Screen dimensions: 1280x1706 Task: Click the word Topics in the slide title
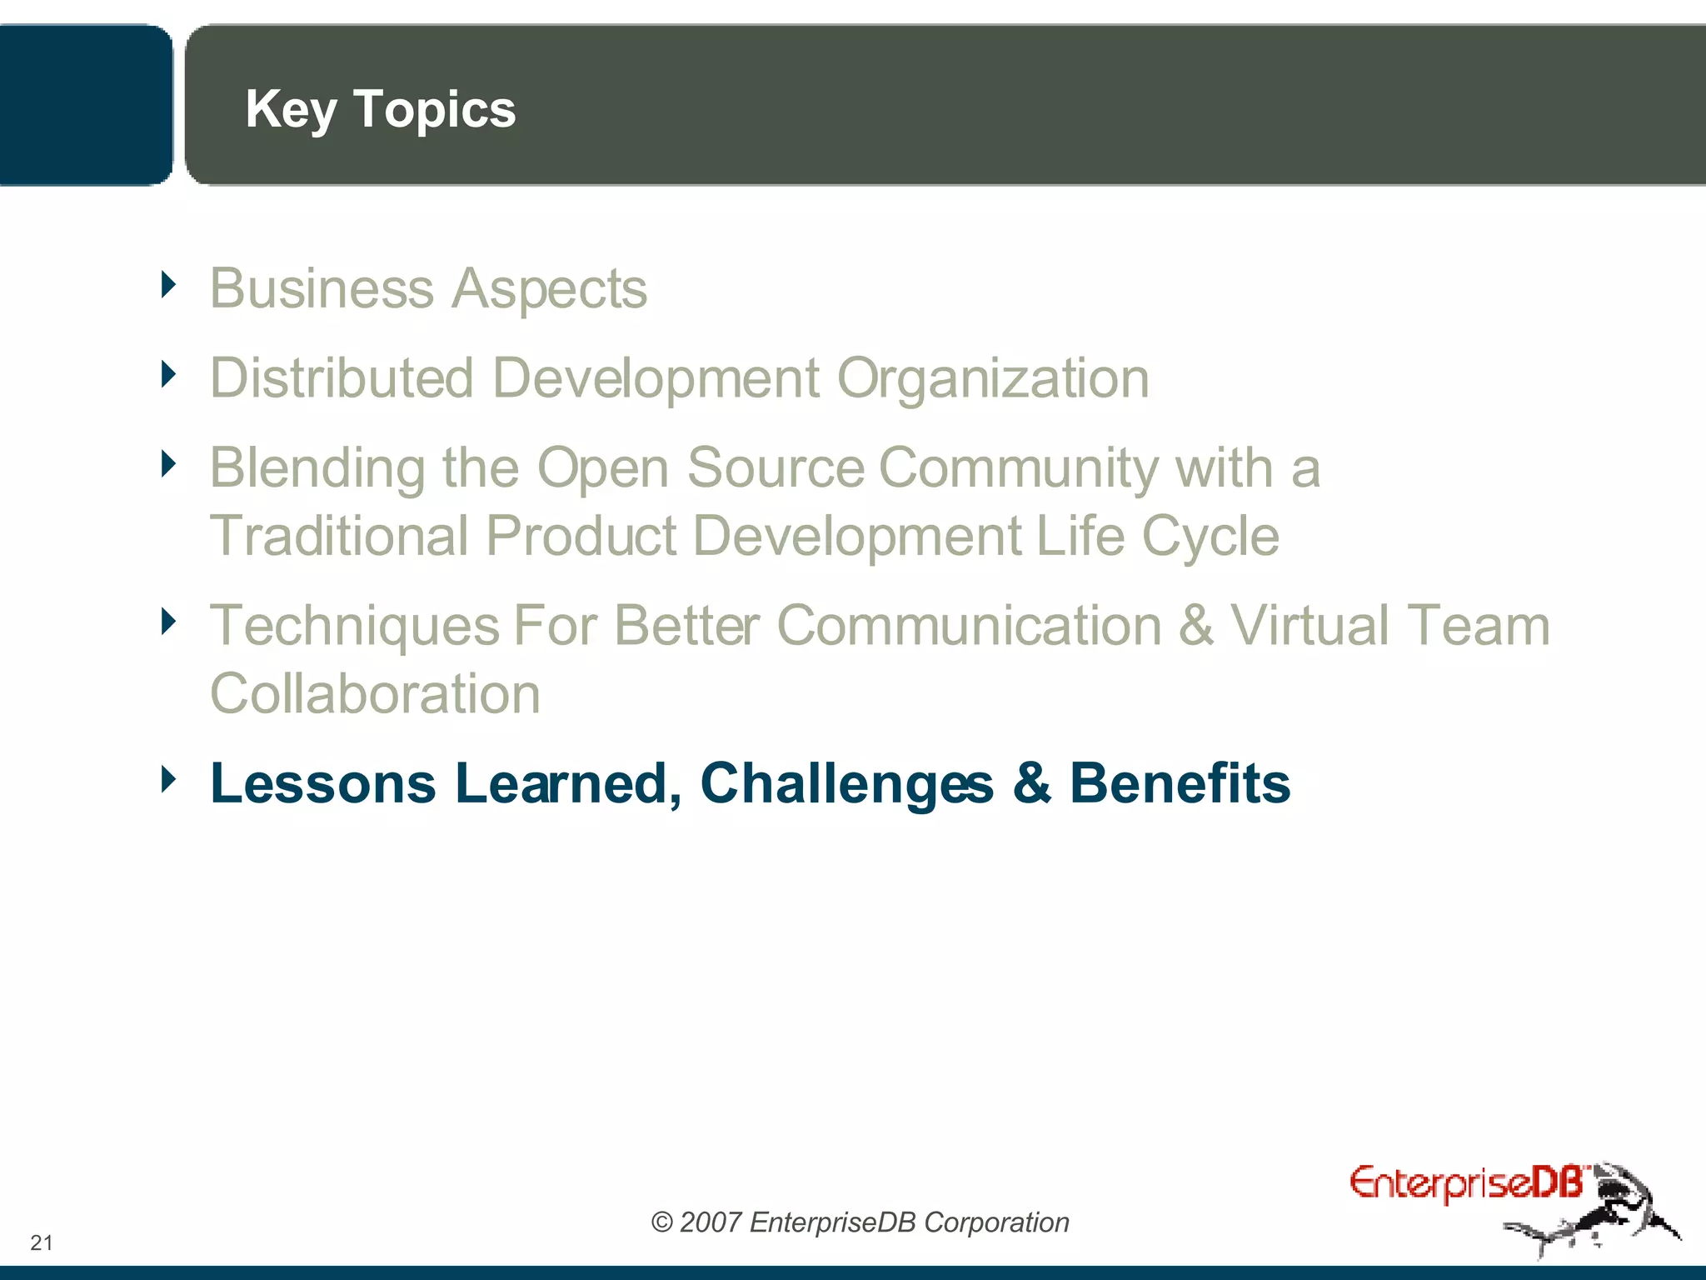434,109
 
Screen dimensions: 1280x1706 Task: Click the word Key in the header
291,109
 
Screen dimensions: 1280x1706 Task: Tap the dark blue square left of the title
83,104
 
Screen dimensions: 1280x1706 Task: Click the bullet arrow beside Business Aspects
169,285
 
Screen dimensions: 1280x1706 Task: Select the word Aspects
549,289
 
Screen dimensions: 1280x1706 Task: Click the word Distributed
342,378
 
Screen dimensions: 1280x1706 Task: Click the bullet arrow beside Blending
169,463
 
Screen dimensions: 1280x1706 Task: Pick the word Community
1018,468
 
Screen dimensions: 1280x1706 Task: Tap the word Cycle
1210,537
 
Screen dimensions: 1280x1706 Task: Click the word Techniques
354,627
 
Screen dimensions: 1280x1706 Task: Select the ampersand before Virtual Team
1196,626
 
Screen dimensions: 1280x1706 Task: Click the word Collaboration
375,694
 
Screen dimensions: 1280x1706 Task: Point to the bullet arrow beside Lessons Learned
169,779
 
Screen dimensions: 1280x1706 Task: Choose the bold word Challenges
846,784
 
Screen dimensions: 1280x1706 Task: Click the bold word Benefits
1180,783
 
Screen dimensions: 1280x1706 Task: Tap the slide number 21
42,1242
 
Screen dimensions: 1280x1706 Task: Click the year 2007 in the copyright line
711,1222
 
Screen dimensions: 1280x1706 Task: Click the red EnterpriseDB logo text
1465,1183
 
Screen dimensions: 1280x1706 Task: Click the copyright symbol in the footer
661,1222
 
